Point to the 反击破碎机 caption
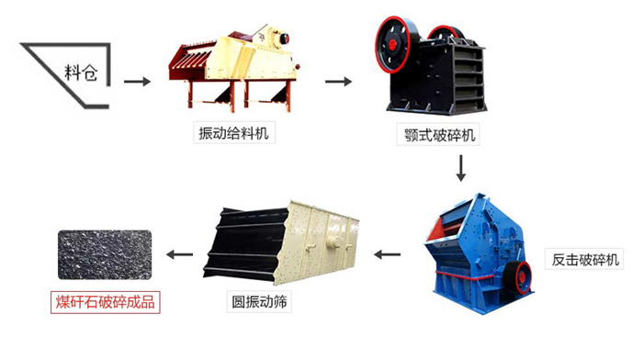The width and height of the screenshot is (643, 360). coord(587,258)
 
